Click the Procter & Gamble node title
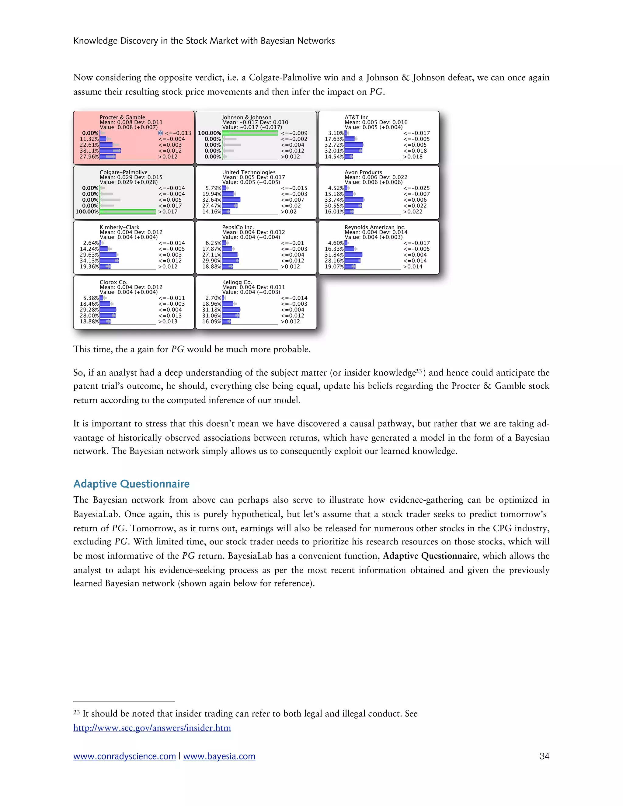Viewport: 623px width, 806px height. [x=122, y=117]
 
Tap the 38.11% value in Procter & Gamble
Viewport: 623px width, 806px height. [x=89, y=151]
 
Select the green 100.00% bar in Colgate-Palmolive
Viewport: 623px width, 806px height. [x=127, y=211]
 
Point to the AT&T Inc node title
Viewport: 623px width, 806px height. [x=356, y=117]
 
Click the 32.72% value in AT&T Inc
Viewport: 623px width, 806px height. [x=334, y=145]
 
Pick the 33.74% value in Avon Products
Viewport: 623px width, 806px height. [x=334, y=200]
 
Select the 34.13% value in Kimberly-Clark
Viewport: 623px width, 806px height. [x=89, y=261]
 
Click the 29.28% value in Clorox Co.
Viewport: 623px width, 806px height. [x=89, y=310]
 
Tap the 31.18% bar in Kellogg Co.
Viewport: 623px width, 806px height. [x=231, y=310]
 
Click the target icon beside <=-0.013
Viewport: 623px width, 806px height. [x=160, y=133]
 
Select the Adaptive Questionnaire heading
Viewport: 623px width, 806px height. [x=131, y=484]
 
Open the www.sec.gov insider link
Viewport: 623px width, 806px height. [x=152, y=728]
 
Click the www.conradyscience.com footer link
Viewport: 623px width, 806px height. [x=124, y=756]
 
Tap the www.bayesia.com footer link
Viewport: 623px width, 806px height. [x=219, y=756]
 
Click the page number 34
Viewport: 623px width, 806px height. [x=544, y=756]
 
